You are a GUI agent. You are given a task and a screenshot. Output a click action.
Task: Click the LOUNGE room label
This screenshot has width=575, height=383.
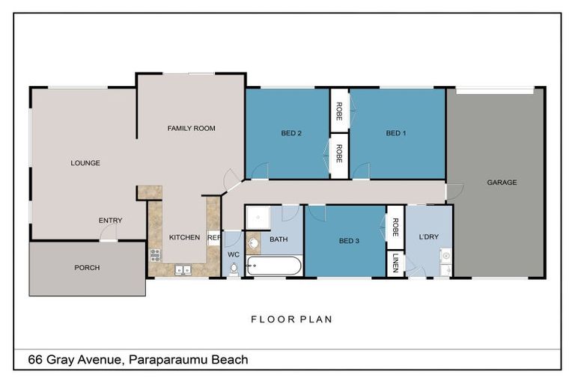click(85, 163)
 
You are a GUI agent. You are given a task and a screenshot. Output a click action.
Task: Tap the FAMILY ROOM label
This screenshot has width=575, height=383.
click(191, 129)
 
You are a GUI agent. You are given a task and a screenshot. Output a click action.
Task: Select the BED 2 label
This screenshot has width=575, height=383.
click(291, 134)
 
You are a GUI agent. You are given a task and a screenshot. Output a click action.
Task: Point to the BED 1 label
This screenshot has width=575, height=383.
click(396, 134)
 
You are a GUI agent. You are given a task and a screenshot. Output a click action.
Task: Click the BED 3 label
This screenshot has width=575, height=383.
click(349, 241)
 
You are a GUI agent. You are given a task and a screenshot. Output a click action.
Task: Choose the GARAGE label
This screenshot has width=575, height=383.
click(502, 183)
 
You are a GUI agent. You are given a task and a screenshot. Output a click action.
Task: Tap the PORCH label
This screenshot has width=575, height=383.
click(87, 268)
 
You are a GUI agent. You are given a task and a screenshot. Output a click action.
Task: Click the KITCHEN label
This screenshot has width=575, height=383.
click(184, 238)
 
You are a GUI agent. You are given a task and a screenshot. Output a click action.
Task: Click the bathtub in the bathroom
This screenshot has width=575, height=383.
click(273, 266)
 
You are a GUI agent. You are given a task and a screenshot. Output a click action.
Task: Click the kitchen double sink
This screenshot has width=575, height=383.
click(183, 269)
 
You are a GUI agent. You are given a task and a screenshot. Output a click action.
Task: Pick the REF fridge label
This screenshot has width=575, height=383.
click(213, 238)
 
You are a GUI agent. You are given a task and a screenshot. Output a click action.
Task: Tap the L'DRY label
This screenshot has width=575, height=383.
click(429, 237)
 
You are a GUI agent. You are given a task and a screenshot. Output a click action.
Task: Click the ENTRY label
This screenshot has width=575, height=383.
click(110, 221)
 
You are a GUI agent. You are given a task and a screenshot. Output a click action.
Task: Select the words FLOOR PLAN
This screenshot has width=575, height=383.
click(291, 319)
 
